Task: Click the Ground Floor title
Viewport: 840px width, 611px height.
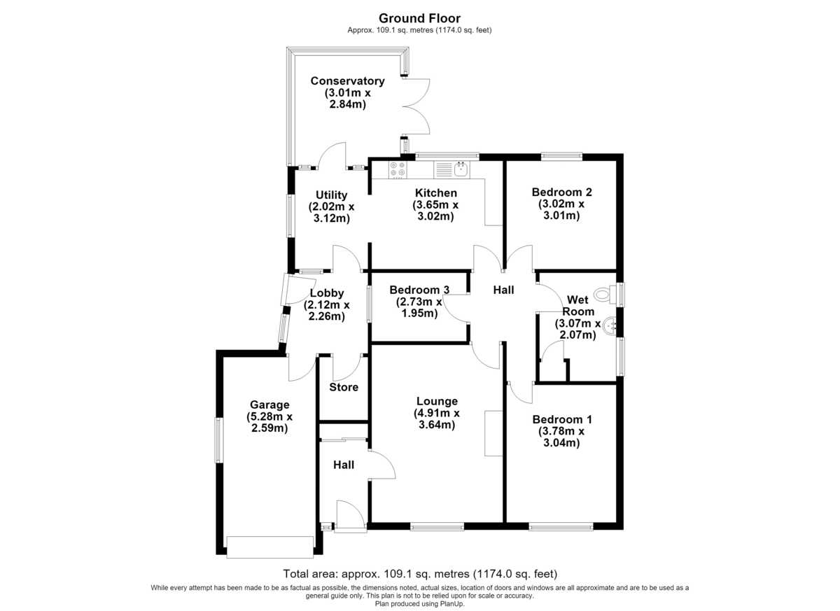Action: [x=419, y=18]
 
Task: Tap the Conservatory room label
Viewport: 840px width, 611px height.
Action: [x=348, y=81]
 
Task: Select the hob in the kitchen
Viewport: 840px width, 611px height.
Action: [x=398, y=169]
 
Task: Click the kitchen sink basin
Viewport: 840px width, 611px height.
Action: [x=461, y=169]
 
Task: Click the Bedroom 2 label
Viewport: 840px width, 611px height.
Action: [x=561, y=192]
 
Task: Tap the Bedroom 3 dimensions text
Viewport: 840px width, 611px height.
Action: [x=419, y=307]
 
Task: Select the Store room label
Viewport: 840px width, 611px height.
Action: [x=344, y=387]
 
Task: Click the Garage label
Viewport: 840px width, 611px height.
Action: [x=269, y=405]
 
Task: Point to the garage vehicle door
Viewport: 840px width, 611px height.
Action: [x=270, y=547]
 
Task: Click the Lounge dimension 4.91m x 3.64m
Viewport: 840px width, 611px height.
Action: [x=437, y=419]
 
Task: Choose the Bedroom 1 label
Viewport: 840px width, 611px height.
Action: [x=561, y=419]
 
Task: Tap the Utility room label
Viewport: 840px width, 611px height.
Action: [x=332, y=195]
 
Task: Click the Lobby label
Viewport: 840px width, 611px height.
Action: [x=327, y=293]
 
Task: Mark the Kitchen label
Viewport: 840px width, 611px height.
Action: [x=435, y=193]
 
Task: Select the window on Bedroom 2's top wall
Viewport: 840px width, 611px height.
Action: [x=561, y=156]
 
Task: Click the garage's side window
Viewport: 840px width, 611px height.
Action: [x=218, y=440]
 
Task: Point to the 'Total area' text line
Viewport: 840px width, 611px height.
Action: [x=420, y=574]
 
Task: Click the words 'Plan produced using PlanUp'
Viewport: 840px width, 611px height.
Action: [x=419, y=603]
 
